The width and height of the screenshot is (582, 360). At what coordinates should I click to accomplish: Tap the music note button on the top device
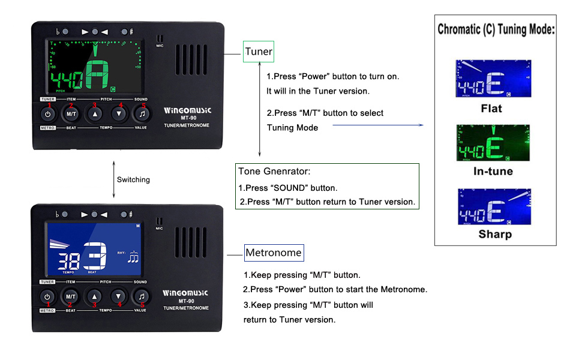click(x=142, y=113)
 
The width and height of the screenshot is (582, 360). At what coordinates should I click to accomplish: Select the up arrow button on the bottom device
click(x=94, y=296)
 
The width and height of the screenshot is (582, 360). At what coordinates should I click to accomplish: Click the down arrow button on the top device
click(x=119, y=113)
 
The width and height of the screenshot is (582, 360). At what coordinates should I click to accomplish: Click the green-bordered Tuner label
click(x=259, y=52)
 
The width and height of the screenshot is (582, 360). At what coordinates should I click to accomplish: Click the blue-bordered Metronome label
click(x=274, y=253)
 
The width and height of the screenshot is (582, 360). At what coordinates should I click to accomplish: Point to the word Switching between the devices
click(x=133, y=179)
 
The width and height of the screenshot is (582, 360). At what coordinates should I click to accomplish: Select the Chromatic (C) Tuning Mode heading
click(x=496, y=29)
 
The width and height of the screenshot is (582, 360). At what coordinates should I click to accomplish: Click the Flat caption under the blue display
click(x=491, y=109)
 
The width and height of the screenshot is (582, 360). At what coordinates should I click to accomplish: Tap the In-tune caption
click(x=493, y=171)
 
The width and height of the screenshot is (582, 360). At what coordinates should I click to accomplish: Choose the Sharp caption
click(x=495, y=234)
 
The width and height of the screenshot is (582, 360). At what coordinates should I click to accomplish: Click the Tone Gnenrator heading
click(x=274, y=172)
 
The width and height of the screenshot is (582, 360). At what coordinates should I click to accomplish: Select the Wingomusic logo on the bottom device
click(x=185, y=293)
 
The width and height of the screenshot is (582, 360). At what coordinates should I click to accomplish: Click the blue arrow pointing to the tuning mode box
click(x=377, y=125)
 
